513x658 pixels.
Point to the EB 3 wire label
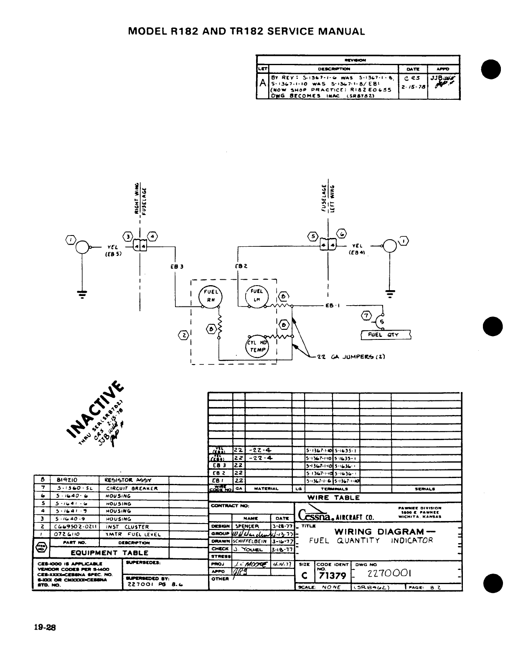coord(179,266)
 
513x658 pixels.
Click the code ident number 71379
coord(333,576)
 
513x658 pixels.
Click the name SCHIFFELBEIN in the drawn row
coord(250,542)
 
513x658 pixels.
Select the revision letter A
coord(262,83)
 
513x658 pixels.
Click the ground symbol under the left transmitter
coord(83,294)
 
